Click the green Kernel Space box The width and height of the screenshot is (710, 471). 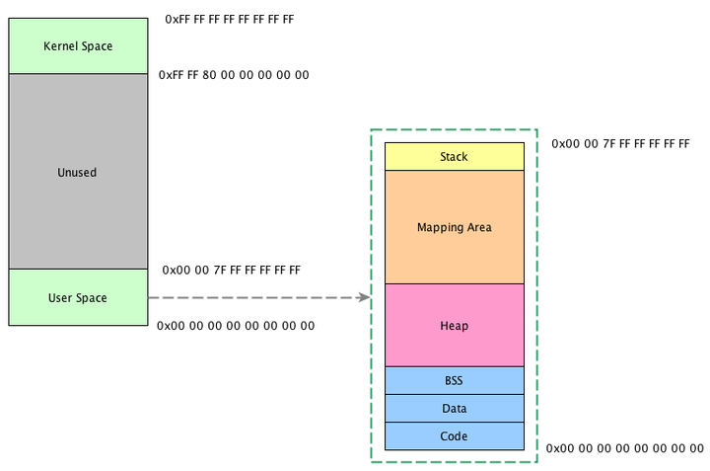coord(78,46)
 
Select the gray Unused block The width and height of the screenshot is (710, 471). coord(78,172)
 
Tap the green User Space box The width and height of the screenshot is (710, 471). coord(78,297)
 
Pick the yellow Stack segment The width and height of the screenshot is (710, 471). coord(454,157)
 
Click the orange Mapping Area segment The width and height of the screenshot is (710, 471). coord(454,227)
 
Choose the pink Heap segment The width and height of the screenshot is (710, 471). coord(454,326)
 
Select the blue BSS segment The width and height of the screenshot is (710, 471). coord(454,380)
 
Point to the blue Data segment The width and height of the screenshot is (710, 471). coord(454,408)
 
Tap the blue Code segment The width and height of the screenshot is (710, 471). coord(454,435)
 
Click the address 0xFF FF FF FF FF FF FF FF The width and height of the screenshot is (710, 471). coord(230,19)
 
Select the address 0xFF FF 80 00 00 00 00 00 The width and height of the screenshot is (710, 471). coord(234,75)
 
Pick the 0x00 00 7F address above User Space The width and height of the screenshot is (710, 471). coord(232,270)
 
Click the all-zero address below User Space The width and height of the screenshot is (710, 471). coord(236,325)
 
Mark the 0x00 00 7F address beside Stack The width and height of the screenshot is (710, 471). coord(620,144)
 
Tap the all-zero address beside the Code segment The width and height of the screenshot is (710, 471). coord(624,447)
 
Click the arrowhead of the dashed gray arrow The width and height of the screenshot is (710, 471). coord(365,297)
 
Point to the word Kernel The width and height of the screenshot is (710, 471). coord(60,46)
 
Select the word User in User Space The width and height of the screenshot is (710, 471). coord(60,297)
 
